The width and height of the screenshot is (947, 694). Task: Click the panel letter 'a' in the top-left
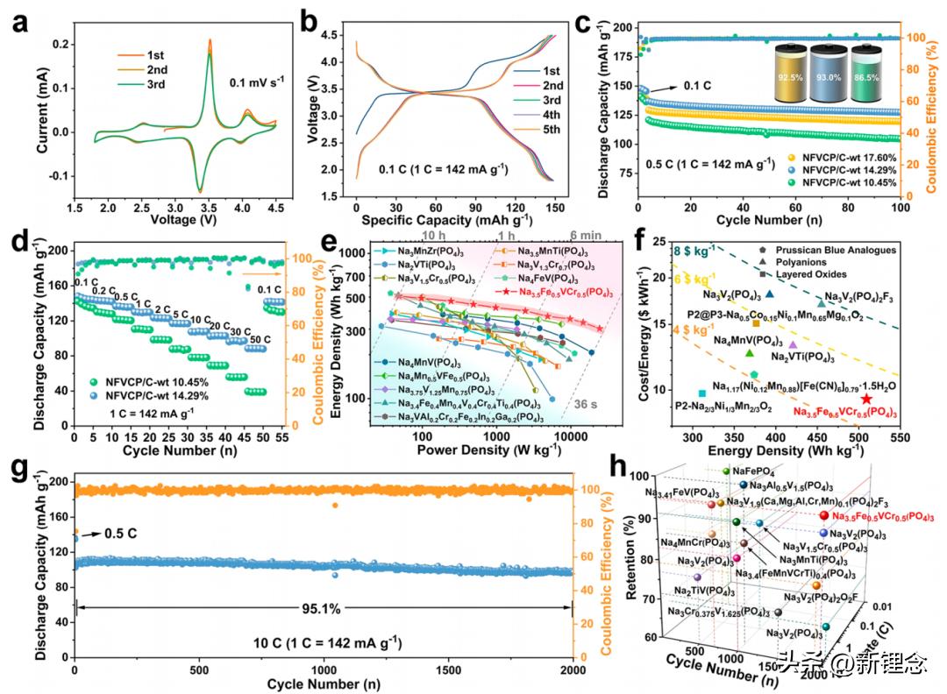[19, 24]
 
